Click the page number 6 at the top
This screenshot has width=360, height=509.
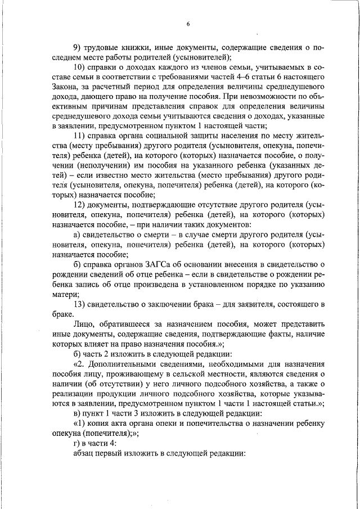pos(188,24)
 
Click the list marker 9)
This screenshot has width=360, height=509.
pos(78,47)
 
